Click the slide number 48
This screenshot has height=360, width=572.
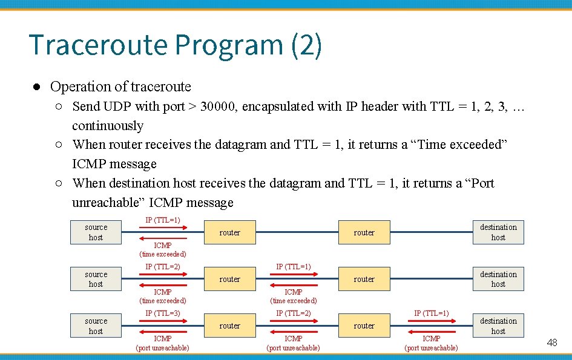coord(551,343)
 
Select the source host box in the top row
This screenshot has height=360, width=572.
coord(96,232)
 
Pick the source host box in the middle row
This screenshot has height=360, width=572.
coord(96,279)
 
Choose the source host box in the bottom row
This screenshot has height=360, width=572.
coord(96,326)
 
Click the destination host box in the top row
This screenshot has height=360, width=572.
coord(498,232)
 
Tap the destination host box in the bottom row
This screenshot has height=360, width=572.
coord(498,326)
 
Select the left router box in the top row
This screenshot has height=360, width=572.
coord(229,232)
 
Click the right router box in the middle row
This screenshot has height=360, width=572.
coord(364,279)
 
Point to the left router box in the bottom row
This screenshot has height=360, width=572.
coord(229,326)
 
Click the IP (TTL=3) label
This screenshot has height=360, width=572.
coord(163,313)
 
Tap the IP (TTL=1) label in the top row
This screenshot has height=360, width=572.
coord(163,220)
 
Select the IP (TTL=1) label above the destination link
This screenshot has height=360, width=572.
coord(431,313)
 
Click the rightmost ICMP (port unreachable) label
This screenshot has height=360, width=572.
coord(431,343)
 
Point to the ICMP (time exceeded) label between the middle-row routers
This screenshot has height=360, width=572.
coord(294,296)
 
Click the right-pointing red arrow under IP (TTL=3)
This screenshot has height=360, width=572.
coord(163,321)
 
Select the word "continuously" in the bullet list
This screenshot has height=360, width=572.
coord(108,126)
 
